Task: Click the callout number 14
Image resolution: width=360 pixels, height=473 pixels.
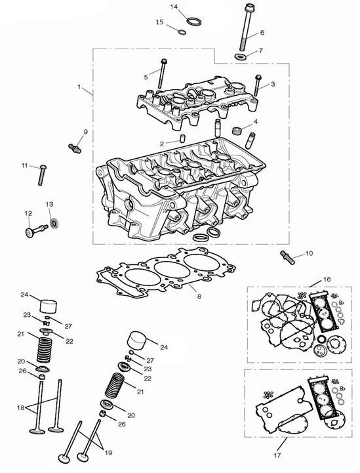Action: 174,7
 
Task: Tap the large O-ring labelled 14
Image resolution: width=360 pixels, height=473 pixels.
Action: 194,22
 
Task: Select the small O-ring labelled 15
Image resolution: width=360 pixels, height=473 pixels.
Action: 181,31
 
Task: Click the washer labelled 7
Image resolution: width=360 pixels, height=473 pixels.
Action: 240,56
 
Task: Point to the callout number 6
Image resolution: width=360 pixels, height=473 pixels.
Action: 262,32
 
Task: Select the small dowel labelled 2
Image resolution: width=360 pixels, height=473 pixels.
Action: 182,138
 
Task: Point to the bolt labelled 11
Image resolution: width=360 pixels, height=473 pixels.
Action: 42,175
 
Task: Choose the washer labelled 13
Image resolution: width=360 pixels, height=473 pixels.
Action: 54,224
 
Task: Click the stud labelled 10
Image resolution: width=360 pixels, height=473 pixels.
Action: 287,258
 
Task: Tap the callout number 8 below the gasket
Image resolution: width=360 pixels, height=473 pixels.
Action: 199,297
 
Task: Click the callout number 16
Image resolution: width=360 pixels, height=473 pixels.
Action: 327,279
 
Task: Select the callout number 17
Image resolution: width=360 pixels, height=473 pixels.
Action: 277,455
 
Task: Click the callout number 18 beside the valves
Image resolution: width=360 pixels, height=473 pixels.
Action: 20,408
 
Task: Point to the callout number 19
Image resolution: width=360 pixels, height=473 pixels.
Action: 108,453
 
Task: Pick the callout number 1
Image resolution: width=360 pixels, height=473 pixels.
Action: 79,87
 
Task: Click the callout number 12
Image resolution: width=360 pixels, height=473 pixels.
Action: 28,213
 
